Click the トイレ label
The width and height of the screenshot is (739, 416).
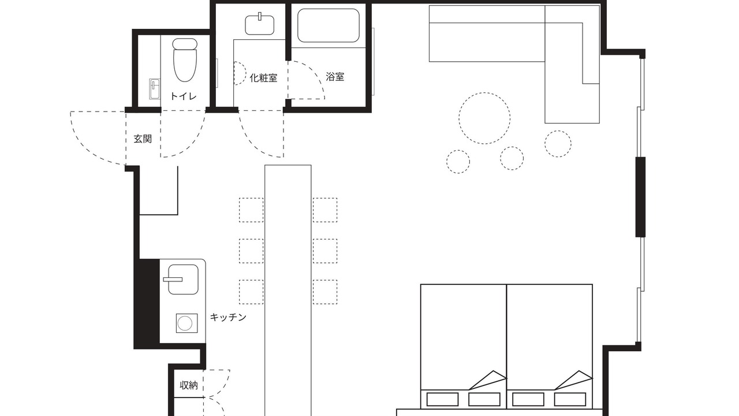click(x=183, y=96)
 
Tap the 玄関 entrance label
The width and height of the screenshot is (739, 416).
click(x=143, y=139)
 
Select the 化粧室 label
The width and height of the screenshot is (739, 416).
click(x=263, y=78)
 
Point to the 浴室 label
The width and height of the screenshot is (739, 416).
click(x=335, y=77)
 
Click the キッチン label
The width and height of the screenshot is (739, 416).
click(x=228, y=317)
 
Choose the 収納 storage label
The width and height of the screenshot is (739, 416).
click(x=189, y=385)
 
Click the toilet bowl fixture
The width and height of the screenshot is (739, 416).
click(x=185, y=60)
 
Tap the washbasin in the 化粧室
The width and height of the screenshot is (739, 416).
click(x=260, y=24)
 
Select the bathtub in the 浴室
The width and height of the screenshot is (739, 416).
click(x=329, y=25)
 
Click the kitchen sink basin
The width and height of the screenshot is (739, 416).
click(x=183, y=279)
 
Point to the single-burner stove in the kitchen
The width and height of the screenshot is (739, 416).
click(x=186, y=323)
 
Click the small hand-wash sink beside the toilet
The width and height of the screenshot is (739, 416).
click(x=154, y=89)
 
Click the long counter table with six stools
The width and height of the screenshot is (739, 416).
click(x=288, y=291)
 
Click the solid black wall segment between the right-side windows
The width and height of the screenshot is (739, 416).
click(x=641, y=197)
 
